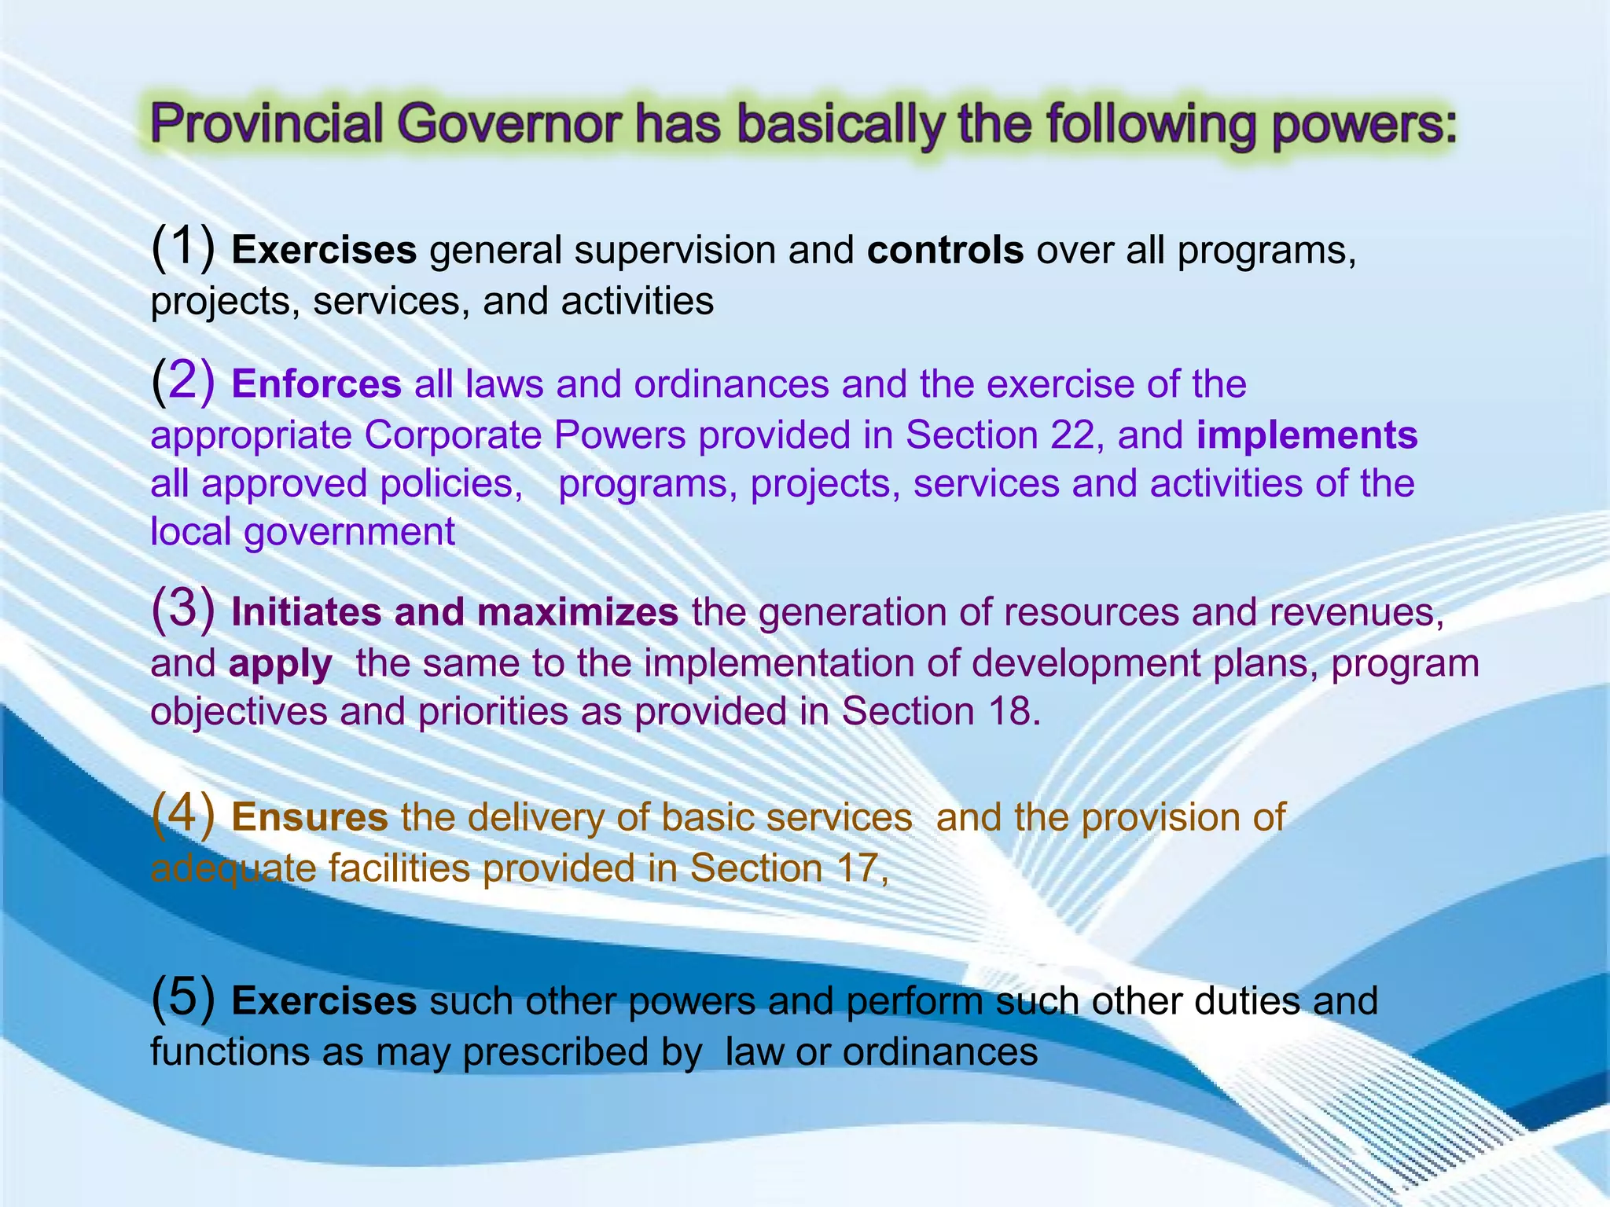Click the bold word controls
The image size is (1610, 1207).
tap(945, 251)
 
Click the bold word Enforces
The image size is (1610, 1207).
tap(317, 384)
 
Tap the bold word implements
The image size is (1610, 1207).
tap(1307, 435)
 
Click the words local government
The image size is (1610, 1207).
tap(303, 532)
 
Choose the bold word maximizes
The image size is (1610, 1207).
tap(578, 612)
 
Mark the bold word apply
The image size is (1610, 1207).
tap(281, 663)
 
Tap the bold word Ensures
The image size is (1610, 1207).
tap(310, 817)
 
